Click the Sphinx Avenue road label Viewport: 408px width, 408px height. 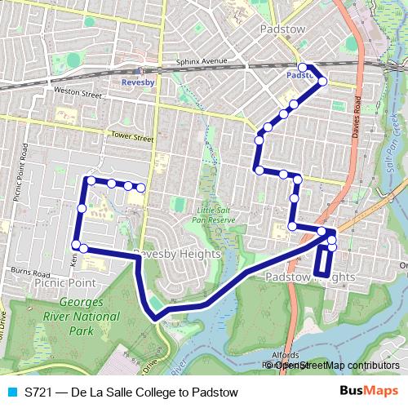(x=201, y=60)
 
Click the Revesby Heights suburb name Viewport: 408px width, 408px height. (x=177, y=254)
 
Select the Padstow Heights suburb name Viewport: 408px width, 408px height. (x=310, y=277)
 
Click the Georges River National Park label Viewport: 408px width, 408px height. (x=81, y=317)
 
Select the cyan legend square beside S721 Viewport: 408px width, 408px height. (x=12, y=392)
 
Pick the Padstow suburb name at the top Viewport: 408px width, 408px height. (x=282, y=29)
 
